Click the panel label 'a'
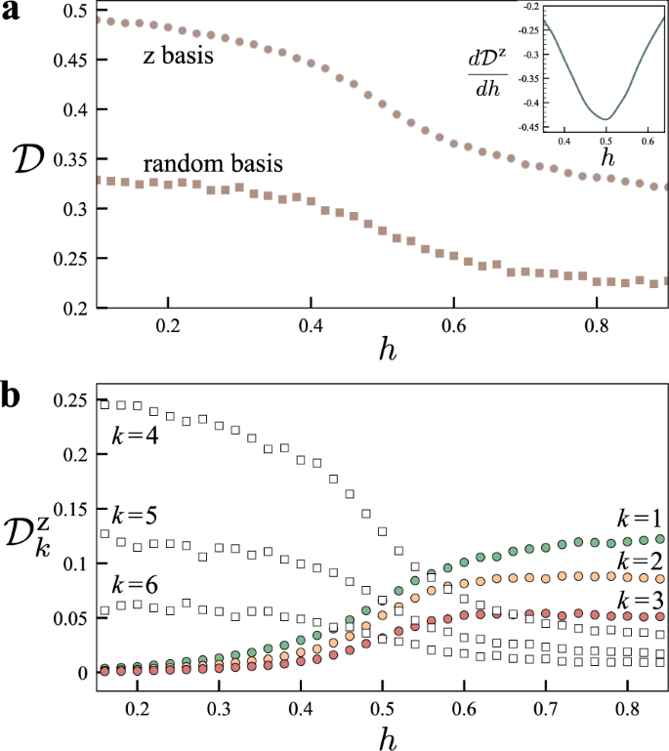pyautogui.click(x=12, y=14)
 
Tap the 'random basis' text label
pyautogui.click(x=213, y=164)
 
